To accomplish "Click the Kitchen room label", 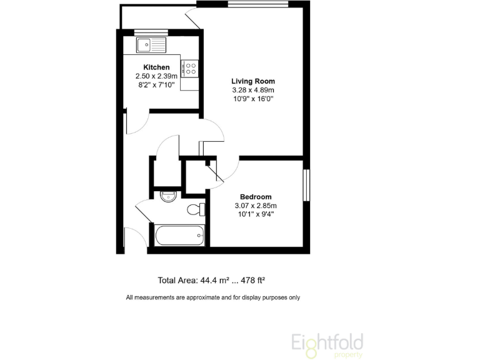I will [x=156, y=67].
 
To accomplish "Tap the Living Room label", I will [x=253, y=81].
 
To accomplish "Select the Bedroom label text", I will [x=255, y=197].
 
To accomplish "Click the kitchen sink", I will [x=151, y=44].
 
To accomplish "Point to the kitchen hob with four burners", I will [x=190, y=67].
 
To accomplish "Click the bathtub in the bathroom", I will [x=180, y=236].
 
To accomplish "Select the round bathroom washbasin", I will [x=167, y=197].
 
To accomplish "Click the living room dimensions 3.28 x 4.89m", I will [x=253, y=90].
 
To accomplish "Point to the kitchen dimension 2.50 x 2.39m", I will [x=156, y=76].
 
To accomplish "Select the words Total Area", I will [x=177, y=281].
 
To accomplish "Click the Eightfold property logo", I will [x=327, y=344].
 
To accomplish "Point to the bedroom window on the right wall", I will [x=306, y=185].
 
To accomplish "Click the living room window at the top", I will [x=257, y=4].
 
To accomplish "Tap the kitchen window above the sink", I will [x=151, y=32].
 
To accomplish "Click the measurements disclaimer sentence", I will [x=213, y=297].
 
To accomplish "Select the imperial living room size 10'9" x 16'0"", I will [x=253, y=99].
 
